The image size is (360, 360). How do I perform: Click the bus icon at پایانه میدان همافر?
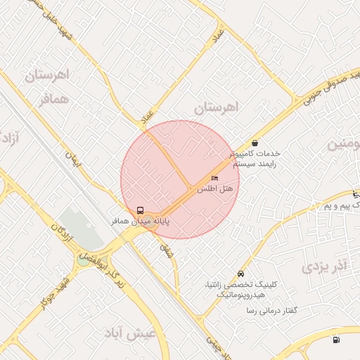coord(141,210)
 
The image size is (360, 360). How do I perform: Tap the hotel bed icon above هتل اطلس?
coord(214,179)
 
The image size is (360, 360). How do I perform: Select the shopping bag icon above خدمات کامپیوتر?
coord(254,143)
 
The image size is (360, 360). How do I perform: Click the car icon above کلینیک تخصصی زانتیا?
coord(241,274)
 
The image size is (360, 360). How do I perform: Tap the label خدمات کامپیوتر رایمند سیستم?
coord(254,158)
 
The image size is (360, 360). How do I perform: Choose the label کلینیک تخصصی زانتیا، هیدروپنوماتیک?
coord(240,288)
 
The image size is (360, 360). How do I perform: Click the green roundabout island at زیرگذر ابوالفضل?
coord(84,260)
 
